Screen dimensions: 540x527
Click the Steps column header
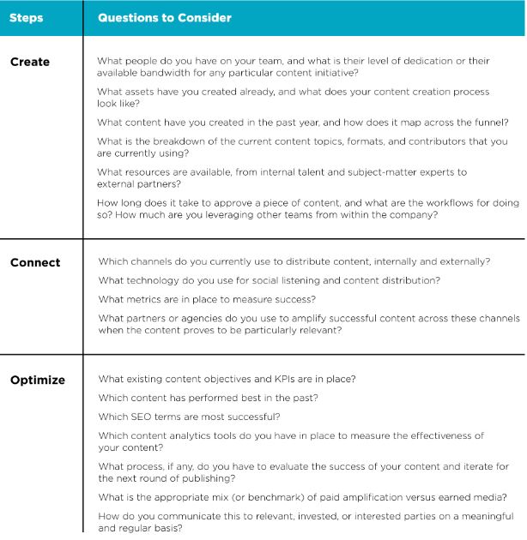27,17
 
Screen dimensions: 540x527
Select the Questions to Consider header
164,17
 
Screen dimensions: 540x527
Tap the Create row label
29,62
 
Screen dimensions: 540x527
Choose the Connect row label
35,262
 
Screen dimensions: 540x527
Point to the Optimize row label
38,379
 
